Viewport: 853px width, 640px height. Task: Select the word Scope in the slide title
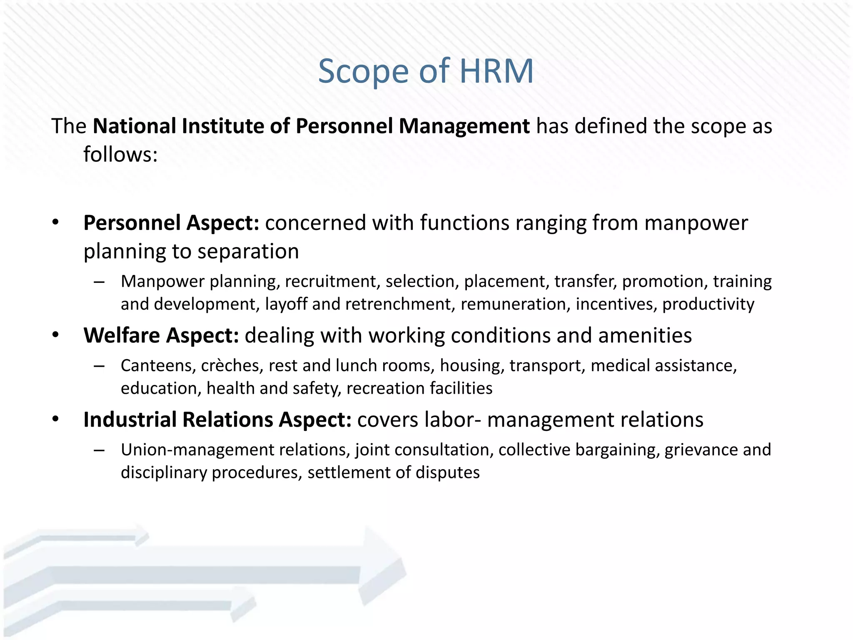coord(363,71)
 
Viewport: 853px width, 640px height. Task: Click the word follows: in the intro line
coord(120,155)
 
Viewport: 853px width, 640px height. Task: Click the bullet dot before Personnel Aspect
coord(56,222)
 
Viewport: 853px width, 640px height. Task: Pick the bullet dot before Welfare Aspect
coord(56,335)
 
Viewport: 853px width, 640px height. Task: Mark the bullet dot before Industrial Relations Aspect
coord(56,419)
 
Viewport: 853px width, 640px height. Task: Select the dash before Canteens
coord(99,366)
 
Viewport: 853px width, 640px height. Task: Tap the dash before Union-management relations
coord(99,450)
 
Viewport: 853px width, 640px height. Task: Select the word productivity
coord(708,304)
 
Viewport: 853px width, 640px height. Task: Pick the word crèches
coord(232,366)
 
